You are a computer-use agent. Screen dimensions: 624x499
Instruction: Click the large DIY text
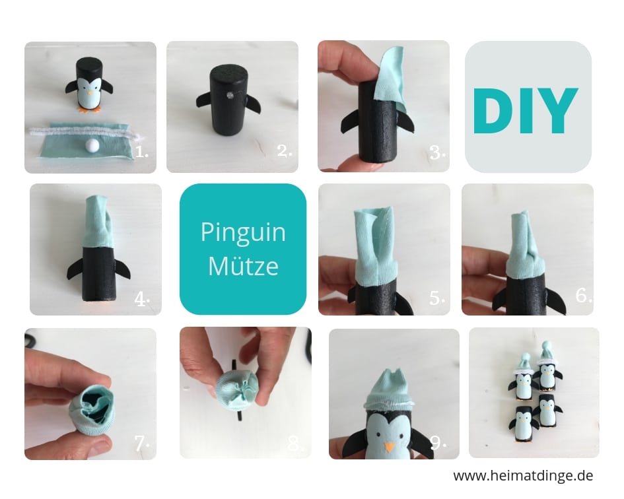tap(525, 111)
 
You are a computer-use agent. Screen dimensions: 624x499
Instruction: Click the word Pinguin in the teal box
tap(243, 232)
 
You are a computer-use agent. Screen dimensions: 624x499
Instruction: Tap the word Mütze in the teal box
tap(243, 266)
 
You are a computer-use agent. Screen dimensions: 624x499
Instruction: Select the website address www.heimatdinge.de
tap(523, 475)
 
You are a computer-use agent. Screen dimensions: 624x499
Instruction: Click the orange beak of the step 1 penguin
tap(90, 93)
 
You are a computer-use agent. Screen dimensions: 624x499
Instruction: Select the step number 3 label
tap(437, 152)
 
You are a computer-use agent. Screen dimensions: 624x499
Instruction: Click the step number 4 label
tap(142, 299)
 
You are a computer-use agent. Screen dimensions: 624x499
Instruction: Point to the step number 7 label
tap(142, 444)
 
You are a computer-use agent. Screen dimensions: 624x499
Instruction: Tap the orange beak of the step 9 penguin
tap(390, 447)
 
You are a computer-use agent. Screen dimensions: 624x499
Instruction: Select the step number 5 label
tap(437, 298)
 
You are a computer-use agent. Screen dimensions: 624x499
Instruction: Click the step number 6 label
tap(584, 295)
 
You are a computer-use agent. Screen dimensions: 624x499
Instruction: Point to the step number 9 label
tap(438, 442)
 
